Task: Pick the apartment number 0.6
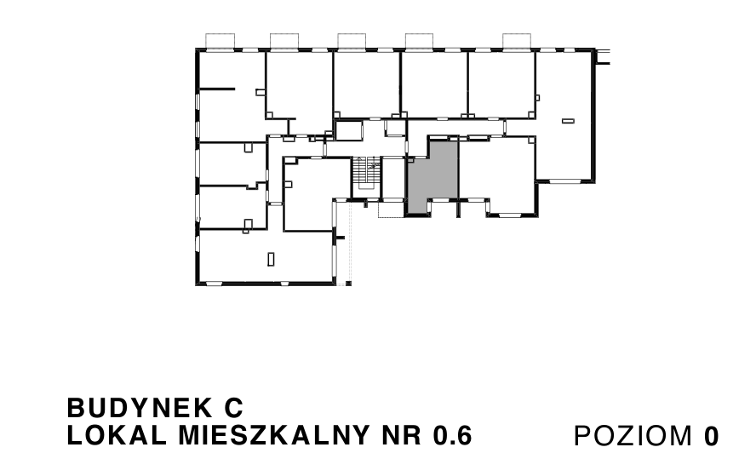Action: tap(451, 435)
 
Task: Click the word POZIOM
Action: tap(634, 436)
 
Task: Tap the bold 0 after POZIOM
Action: tap(711, 436)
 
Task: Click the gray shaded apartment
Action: tap(433, 176)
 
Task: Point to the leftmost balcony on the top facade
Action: tap(221, 41)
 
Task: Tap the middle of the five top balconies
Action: tap(352, 41)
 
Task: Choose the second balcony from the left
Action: tap(284, 41)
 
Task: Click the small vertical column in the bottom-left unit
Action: tap(271, 258)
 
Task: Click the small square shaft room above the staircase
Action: tap(348, 131)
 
